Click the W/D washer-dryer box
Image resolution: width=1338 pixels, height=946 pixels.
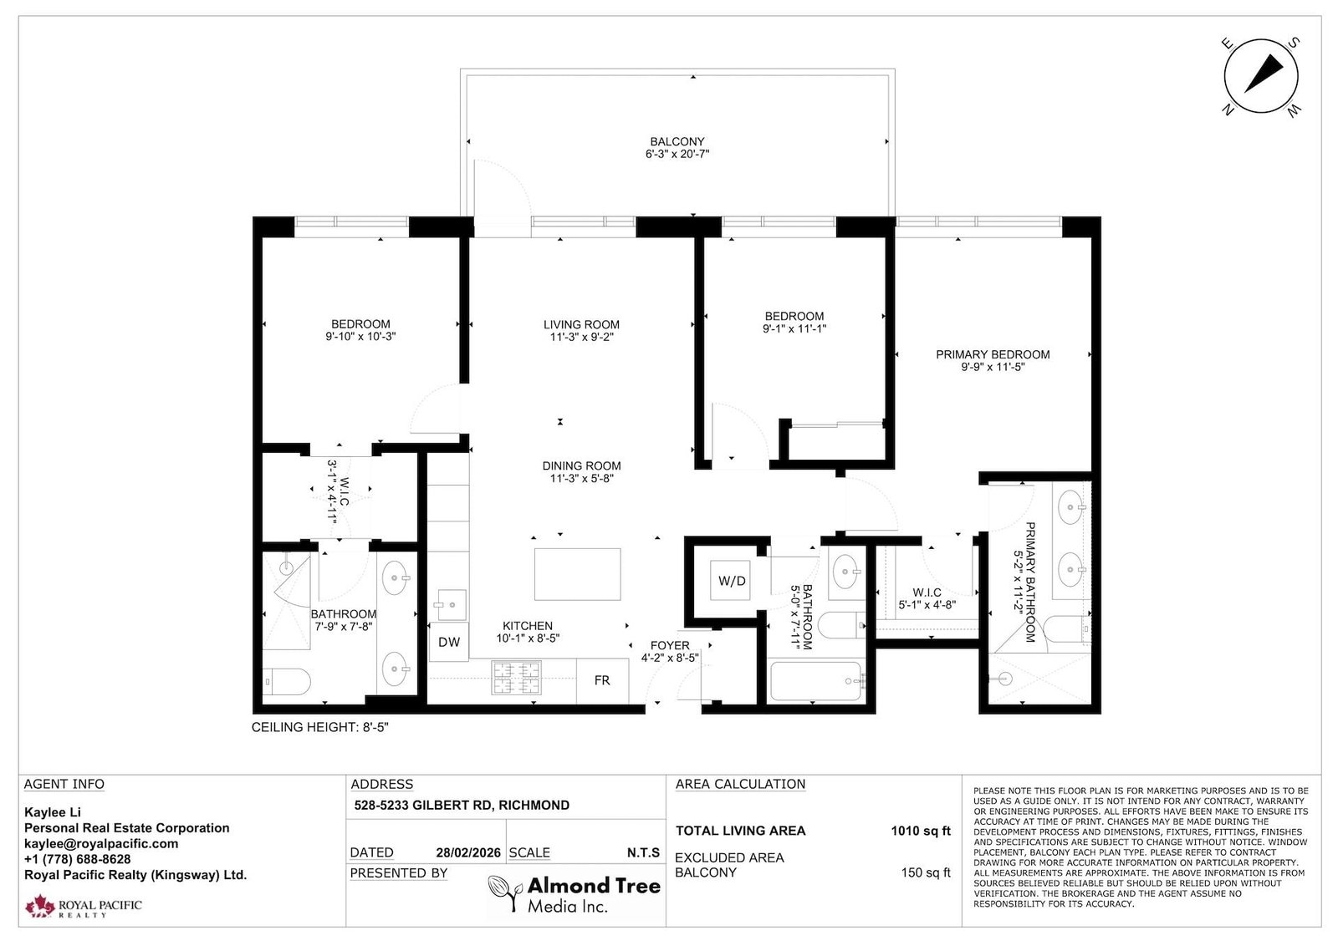[732, 580]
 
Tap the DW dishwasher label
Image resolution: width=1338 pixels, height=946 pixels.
[449, 642]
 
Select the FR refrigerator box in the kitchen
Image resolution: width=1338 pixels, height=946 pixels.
[602, 680]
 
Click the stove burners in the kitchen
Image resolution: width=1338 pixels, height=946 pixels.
[516, 677]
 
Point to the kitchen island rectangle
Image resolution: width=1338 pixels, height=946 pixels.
[577, 573]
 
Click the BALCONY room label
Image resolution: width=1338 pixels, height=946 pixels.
[677, 142]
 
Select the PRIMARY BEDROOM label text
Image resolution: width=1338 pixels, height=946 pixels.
[993, 354]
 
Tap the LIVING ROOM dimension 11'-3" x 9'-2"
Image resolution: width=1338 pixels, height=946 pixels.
[581, 337]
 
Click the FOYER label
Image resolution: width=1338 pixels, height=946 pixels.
[670, 645]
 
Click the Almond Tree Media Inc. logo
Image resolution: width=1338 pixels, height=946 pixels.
[575, 894]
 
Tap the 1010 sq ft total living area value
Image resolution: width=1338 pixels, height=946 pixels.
[921, 831]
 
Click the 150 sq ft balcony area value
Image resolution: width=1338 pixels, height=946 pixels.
[926, 872]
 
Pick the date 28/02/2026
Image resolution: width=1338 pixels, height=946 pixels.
[468, 852]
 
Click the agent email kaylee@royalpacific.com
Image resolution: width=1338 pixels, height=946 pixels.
[101, 843]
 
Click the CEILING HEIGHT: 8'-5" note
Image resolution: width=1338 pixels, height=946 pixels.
[320, 727]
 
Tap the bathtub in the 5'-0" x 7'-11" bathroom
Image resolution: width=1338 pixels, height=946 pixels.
[816, 681]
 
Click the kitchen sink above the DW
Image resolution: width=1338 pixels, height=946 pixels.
[452, 602]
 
